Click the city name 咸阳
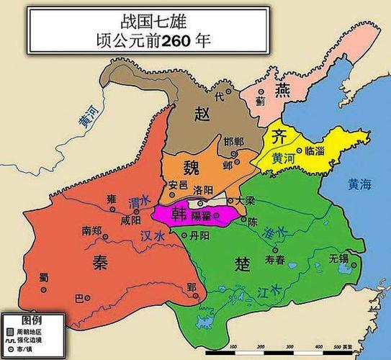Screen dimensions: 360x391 (x=131, y=220)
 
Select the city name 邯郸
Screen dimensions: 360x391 (x=235, y=141)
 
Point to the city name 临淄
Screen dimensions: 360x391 (x=315, y=151)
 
